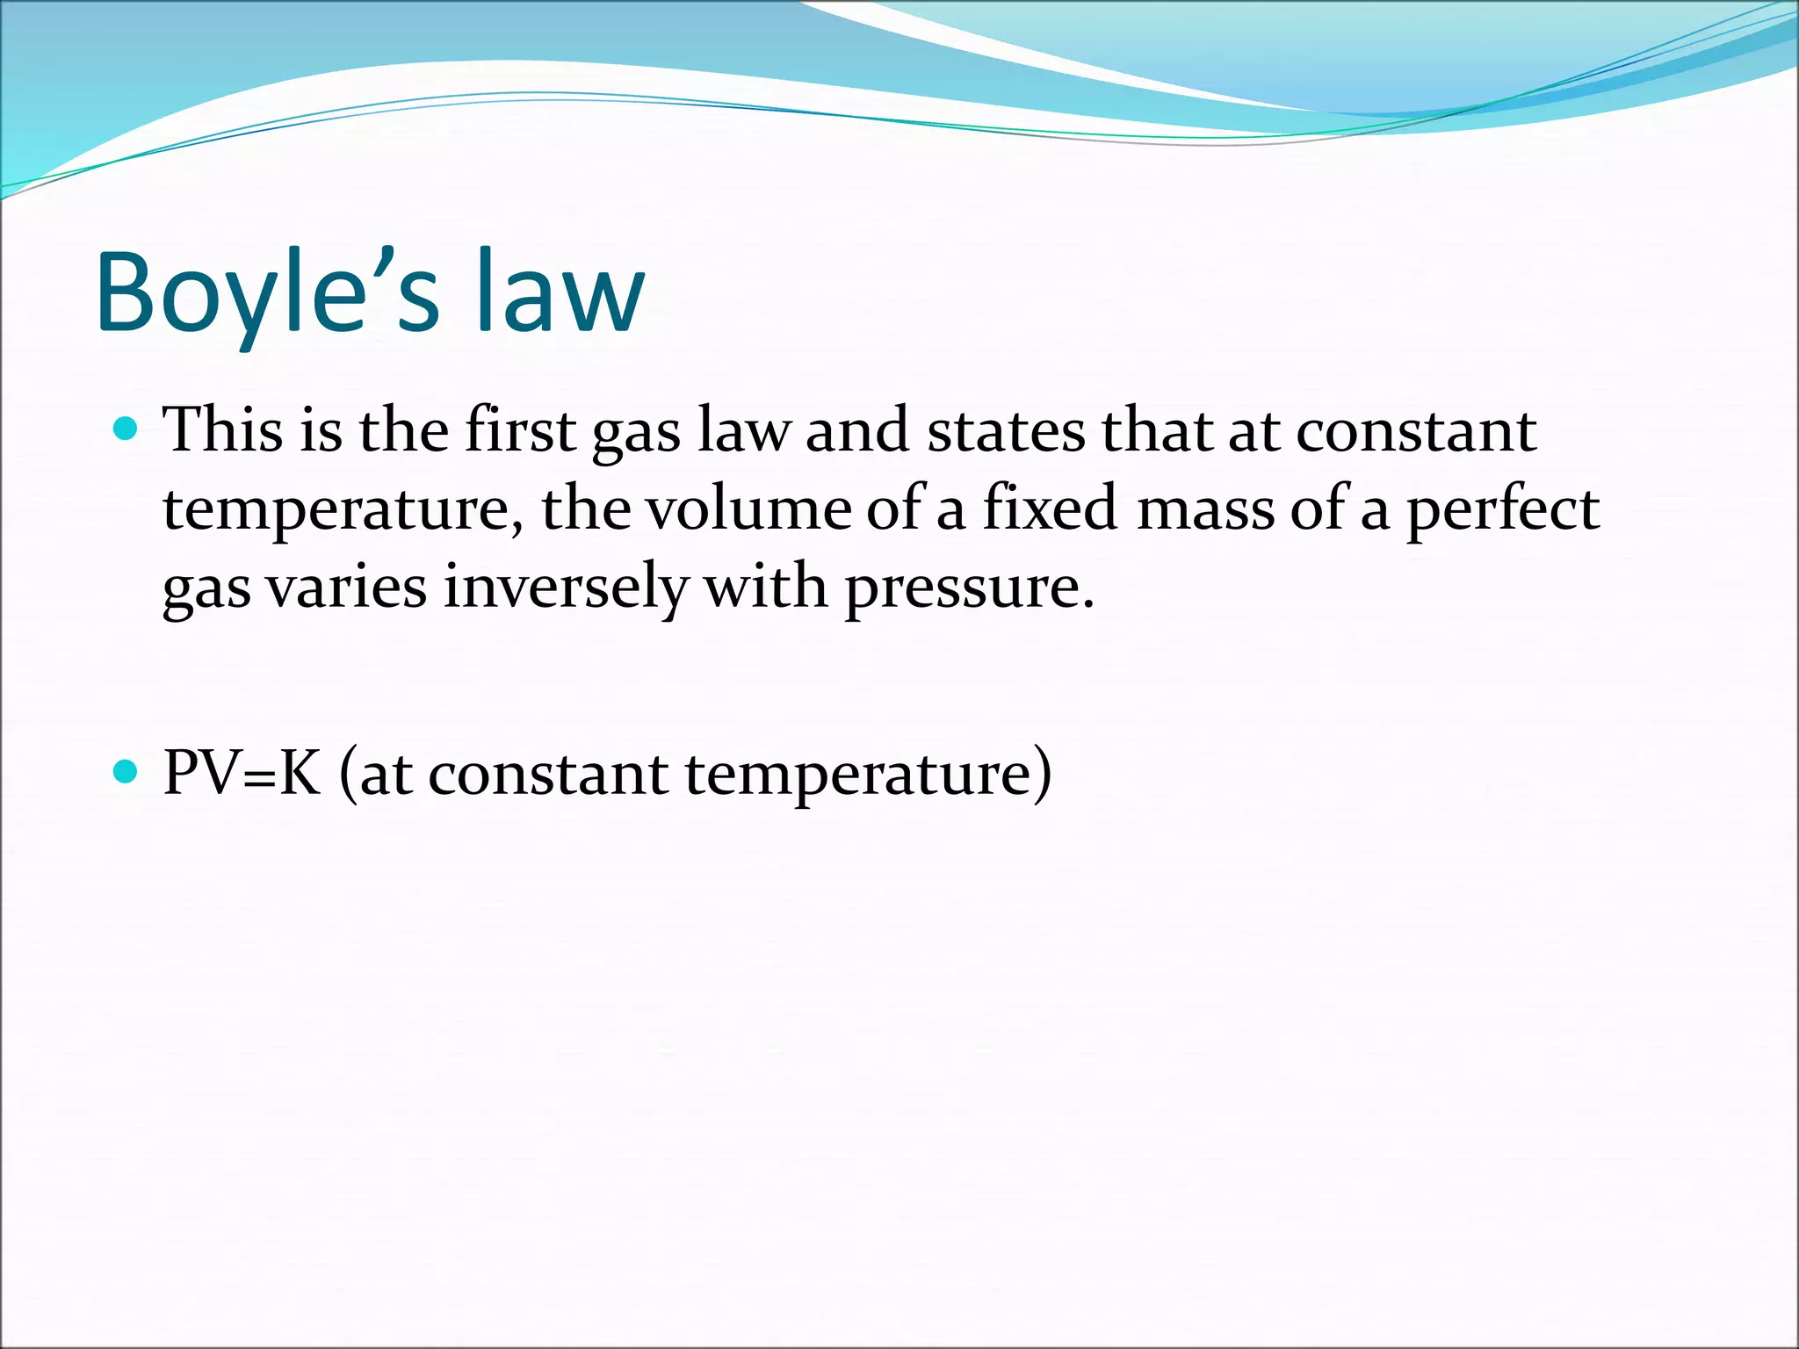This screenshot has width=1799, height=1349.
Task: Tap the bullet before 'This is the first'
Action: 126,429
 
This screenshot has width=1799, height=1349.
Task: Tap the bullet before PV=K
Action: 126,772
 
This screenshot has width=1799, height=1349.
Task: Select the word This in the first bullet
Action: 224,431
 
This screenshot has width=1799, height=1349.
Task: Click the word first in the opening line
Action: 520,431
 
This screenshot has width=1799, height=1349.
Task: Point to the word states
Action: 1007,431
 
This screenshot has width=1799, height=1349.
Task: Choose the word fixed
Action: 1050,509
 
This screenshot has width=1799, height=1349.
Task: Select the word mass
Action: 1204,509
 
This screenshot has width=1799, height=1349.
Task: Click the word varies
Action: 347,588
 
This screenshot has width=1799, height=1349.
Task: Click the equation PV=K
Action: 242,774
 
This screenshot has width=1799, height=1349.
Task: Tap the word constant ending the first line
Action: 1416,431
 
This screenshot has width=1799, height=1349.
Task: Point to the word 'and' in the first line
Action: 856,431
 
